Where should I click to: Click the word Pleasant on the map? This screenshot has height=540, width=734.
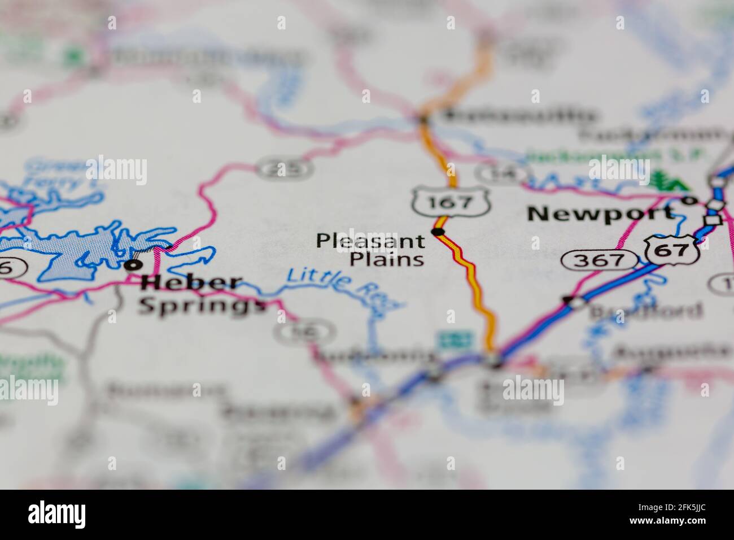click(x=370, y=241)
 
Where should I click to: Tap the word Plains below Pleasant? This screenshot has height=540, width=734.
click(x=387, y=259)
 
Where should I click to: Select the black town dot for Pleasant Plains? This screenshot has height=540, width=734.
click(x=438, y=232)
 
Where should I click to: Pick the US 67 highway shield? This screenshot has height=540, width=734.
click(x=671, y=249)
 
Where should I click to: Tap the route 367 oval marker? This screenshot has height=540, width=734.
click(x=600, y=260)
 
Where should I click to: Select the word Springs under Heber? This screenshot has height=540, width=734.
click(x=202, y=306)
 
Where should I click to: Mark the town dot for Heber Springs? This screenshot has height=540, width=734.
click(x=133, y=264)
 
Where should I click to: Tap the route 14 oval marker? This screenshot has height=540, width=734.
click(x=501, y=174)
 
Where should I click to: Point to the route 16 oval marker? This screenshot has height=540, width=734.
click(x=304, y=332)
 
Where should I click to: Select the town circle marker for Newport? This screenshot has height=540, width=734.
click(x=688, y=200)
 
